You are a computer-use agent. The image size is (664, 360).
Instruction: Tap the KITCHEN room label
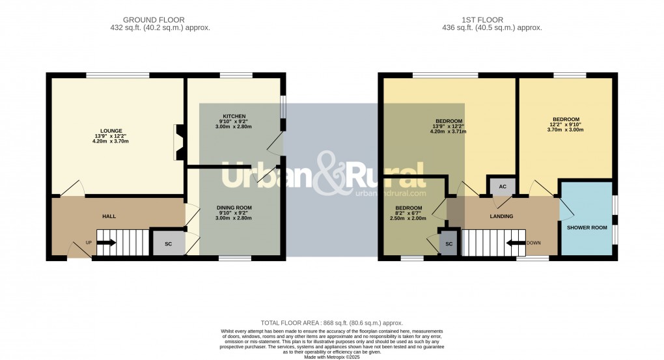coord(234,116)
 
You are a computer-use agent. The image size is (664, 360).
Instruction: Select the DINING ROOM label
coord(234,208)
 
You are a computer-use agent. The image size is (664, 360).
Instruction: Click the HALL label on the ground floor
coord(109,215)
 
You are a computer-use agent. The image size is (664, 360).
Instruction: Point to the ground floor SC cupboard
coord(168,243)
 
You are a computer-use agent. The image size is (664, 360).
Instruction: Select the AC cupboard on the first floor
coord(502,187)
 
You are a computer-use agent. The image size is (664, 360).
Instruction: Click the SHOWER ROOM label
coord(587,227)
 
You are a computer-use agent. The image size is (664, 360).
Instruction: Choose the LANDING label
coord(501,216)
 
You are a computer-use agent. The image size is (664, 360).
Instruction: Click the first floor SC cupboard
coord(448,243)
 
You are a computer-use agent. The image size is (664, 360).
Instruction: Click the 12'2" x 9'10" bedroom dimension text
coord(566,125)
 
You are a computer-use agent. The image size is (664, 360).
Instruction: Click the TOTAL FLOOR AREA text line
coord(331,323)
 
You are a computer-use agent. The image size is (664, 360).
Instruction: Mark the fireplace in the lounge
coord(178,142)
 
